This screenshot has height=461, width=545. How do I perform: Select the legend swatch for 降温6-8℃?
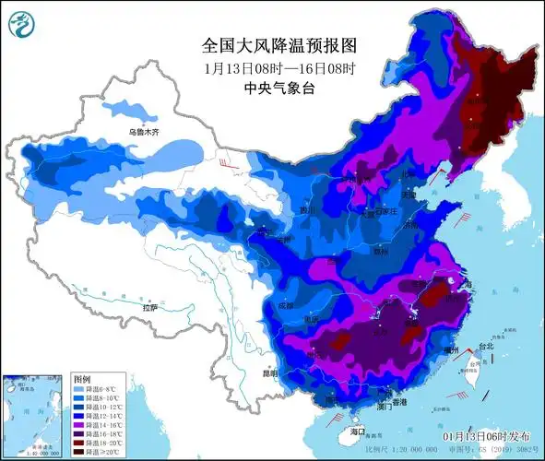(78, 388)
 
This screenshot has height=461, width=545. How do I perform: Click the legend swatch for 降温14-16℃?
(78, 425)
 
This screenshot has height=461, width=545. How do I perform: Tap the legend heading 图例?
(80, 379)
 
